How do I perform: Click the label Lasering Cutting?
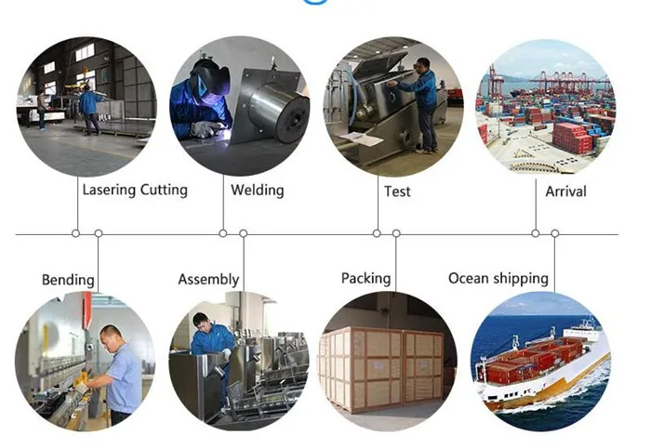point(135,190)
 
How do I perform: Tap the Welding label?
point(257,191)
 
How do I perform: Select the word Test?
point(397,191)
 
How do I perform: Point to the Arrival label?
point(565,191)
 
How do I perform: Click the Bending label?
point(68,280)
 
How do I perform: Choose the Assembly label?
point(208,279)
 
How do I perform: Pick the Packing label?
point(365,278)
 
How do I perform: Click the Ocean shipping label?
point(498,278)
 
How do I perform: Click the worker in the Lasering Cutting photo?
point(88,108)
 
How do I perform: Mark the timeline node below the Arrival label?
point(536,233)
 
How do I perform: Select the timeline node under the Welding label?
point(223,233)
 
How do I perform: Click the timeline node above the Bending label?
point(99,233)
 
